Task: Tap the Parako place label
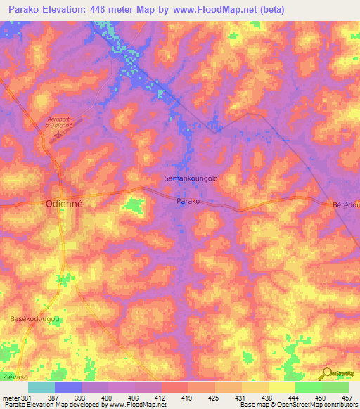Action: tap(188, 201)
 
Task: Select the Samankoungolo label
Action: tap(191, 178)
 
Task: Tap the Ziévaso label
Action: tap(13, 377)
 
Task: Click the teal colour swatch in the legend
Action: tap(41, 387)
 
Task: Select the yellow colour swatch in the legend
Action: tap(281, 387)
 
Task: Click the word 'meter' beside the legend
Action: tap(9, 397)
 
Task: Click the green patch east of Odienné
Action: tap(134, 205)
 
